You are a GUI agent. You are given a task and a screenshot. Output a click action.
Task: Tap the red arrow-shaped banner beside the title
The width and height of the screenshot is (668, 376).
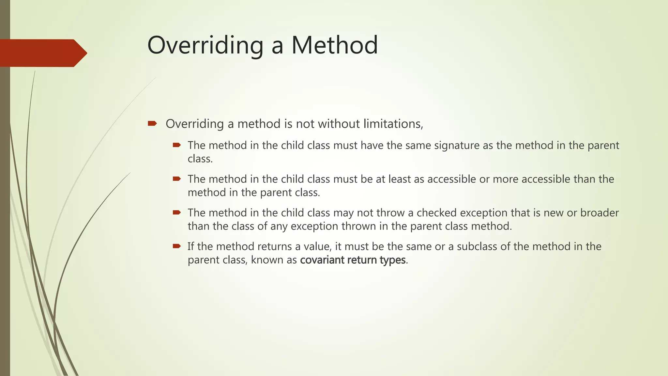pos(42,53)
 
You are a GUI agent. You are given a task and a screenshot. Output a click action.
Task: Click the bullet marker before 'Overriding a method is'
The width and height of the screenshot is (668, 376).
pos(152,123)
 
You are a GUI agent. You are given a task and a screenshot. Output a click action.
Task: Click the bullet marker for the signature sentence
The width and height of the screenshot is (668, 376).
pos(176,145)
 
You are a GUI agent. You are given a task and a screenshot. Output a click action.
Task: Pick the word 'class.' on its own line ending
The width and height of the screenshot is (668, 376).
pos(200,159)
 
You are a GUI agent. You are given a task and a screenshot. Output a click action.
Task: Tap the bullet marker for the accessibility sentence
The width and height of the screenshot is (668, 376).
pos(176,179)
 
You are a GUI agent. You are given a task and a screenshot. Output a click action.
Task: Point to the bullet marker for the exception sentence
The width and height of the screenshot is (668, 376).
pos(176,212)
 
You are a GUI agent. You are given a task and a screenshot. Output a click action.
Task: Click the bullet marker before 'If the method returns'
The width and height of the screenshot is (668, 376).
pos(176,246)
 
